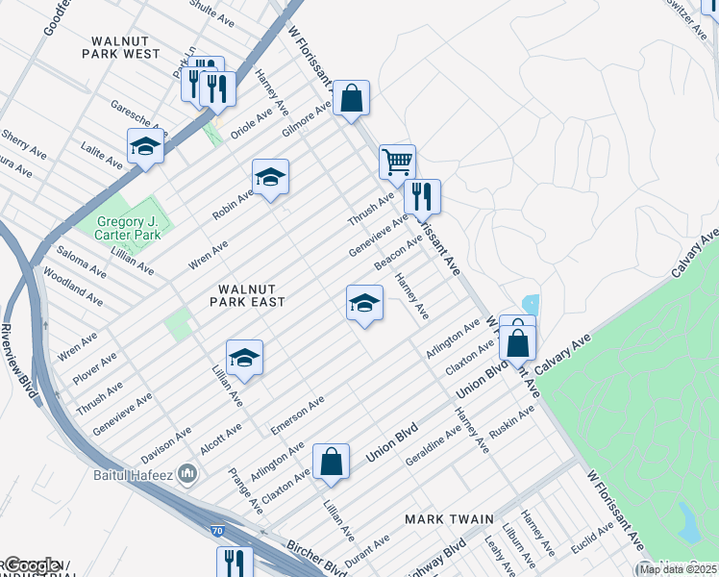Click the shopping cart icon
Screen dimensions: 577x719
pyautogui.click(x=397, y=161)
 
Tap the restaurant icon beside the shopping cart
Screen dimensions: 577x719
pyautogui.click(x=422, y=196)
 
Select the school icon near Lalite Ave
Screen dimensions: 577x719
pyautogui.click(x=145, y=146)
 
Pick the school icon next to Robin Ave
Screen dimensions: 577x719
pyautogui.click(x=271, y=177)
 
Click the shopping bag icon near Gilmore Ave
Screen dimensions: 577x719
pyautogui.click(x=352, y=97)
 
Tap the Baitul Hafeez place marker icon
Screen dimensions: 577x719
pyautogui.click(x=187, y=473)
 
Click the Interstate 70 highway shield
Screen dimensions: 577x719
pyautogui.click(x=217, y=530)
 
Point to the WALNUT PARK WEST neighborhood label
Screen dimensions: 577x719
pyautogui.click(x=125, y=48)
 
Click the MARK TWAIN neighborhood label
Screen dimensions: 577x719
pyautogui.click(x=449, y=519)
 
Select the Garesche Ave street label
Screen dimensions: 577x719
pyautogui.click(x=138, y=117)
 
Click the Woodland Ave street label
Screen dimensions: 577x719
pyautogui.click(x=73, y=287)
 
